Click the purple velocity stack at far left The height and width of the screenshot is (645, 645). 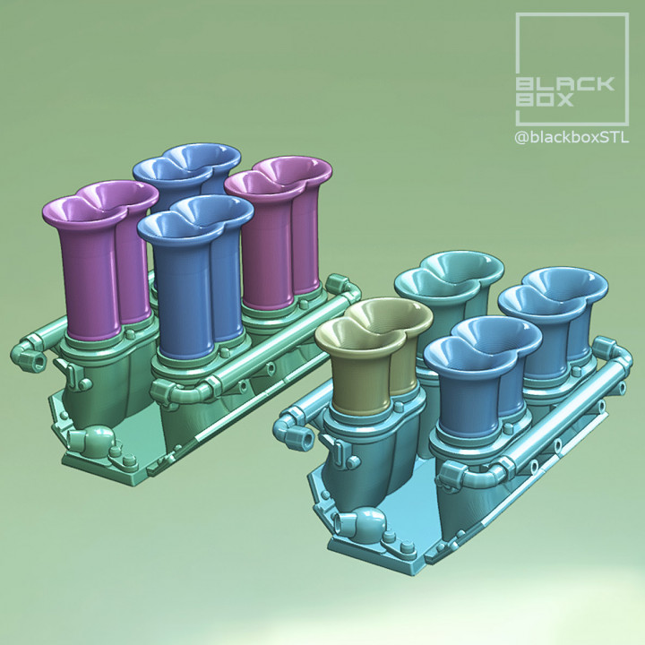[x=90, y=269]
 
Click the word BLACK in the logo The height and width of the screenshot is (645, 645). [x=564, y=84]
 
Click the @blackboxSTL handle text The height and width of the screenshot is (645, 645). [x=572, y=137]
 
